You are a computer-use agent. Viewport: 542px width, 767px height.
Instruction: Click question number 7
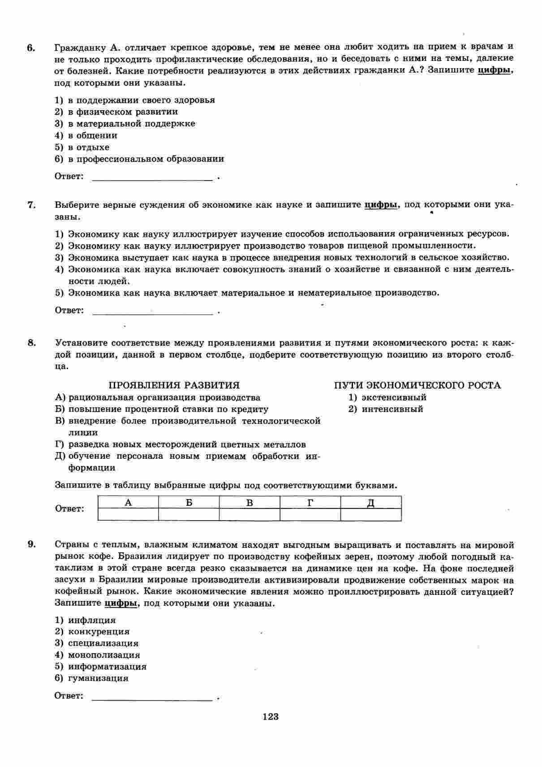pyautogui.click(x=31, y=205)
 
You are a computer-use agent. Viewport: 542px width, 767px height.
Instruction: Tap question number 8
pyautogui.click(x=31, y=343)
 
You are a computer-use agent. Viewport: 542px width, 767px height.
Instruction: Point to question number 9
pyautogui.click(x=31, y=544)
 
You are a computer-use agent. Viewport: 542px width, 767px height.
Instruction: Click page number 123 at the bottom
pyautogui.click(x=271, y=716)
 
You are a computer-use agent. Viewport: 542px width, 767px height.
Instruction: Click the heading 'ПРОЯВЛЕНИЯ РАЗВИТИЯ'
pyautogui.click(x=174, y=385)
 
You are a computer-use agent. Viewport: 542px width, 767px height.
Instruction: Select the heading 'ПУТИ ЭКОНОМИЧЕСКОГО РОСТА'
pyautogui.click(x=417, y=385)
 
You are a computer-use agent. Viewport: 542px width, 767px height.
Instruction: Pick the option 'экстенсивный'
pyautogui.click(x=394, y=397)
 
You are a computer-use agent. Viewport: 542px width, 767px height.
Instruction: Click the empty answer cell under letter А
pyautogui.click(x=128, y=514)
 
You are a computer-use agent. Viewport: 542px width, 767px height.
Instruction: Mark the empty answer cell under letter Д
pyautogui.click(x=371, y=514)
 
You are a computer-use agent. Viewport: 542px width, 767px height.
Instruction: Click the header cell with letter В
pyautogui.click(x=249, y=503)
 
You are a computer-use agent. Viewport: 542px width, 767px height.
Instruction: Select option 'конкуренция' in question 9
pyautogui.click(x=99, y=632)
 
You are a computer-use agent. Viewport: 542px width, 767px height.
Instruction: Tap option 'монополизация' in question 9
pyautogui.click(x=104, y=655)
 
